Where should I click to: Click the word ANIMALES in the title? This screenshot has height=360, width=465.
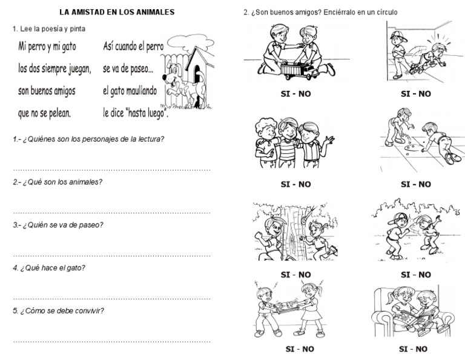coord(151,12)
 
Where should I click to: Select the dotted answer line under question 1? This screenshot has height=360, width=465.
coord(112,170)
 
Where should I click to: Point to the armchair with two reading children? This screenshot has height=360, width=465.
coord(404,310)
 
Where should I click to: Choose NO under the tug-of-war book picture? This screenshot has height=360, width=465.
coord(305,348)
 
